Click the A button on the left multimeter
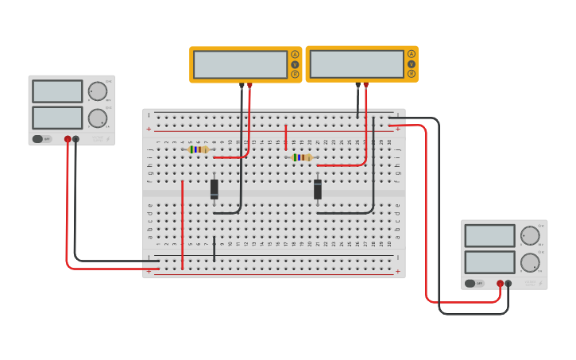pos(295,55)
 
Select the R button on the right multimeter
pos(412,74)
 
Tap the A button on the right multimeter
pos(412,55)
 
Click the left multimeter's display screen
pos(240,64)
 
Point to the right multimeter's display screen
pos(357,64)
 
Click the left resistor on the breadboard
pos(199,149)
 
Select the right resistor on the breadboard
pos(302,157)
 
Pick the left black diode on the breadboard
pos(215,189)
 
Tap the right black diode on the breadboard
pos(318,189)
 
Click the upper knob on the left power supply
pos(98,91)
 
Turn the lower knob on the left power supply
pos(98,118)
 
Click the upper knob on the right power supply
pos(530,235)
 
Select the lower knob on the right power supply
pos(530,262)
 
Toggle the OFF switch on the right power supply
pos(474,283)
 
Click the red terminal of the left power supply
pos(68,139)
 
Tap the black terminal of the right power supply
pos(508,283)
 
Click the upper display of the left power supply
pos(57,91)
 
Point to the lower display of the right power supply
pos(489,262)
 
